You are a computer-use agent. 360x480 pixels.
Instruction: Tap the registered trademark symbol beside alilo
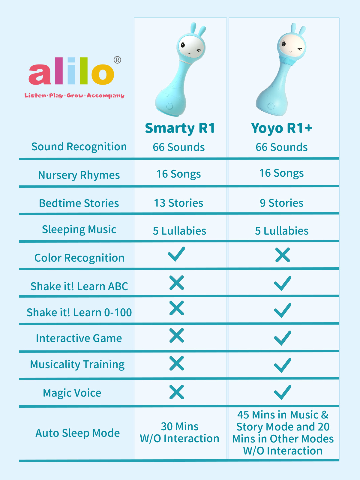click(x=117, y=60)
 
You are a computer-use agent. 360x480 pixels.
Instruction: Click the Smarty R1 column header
click(x=180, y=128)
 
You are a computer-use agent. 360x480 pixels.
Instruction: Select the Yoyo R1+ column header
click(x=282, y=128)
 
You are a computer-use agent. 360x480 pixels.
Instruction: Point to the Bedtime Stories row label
click(x=79, y=203)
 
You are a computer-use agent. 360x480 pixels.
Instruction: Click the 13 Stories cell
click(x=179, y=203)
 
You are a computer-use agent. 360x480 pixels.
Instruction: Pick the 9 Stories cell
click(x=282, y=203)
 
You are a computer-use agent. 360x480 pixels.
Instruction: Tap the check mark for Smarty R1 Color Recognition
click(x=176, y=254)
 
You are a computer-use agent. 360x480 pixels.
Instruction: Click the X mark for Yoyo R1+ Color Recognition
click(x=283, y=255)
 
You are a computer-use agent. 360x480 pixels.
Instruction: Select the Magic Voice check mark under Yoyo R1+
click(x=283, y=392)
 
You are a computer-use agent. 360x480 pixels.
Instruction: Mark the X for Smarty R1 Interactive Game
click(x=177, y=335)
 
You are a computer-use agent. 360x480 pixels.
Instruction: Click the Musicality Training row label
click(x=77, y=364)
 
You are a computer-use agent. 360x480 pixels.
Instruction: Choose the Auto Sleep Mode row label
click(x=78, y=433)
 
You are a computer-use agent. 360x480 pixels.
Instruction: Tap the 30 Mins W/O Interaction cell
click(x=180, y=432)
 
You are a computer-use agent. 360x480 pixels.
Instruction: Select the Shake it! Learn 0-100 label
click(x=79, y=312)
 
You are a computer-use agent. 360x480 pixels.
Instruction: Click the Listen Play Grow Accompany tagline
click(x=74, y=95)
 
